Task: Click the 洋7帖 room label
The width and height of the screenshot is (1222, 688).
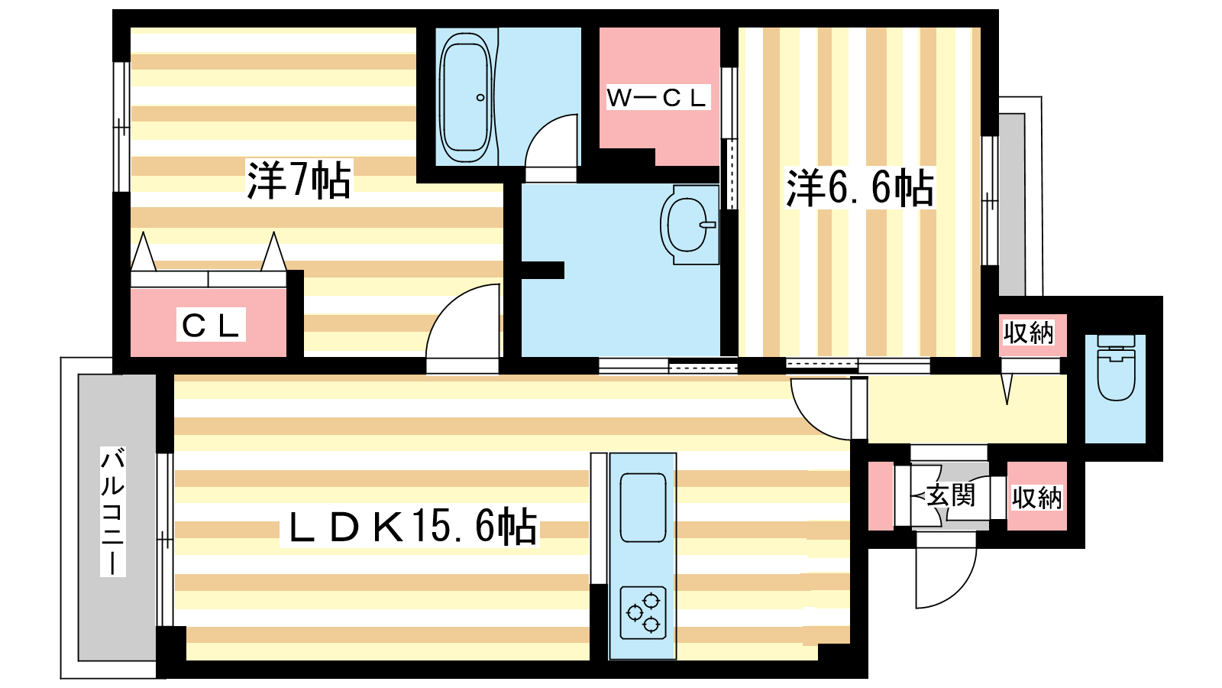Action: [299, 180]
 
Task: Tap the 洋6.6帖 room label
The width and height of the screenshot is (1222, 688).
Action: [860, 188]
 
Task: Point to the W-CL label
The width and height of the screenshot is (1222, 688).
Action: [657, 98]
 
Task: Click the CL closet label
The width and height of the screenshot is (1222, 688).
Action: [211, 326]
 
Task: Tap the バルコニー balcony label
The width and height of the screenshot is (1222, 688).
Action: [113, 511]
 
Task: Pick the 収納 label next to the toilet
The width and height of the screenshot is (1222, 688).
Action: [1028, 333]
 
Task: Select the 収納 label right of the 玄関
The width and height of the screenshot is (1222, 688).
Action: [1037, 498]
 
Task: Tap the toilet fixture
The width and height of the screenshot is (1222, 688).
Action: [1116, 367]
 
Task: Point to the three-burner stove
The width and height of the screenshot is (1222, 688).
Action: [643, 612]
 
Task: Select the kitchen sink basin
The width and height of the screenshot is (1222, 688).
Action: [643, 508]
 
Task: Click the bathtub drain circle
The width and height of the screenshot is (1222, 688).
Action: [480, 98]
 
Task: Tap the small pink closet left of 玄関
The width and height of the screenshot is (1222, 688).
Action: [881, 496]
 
